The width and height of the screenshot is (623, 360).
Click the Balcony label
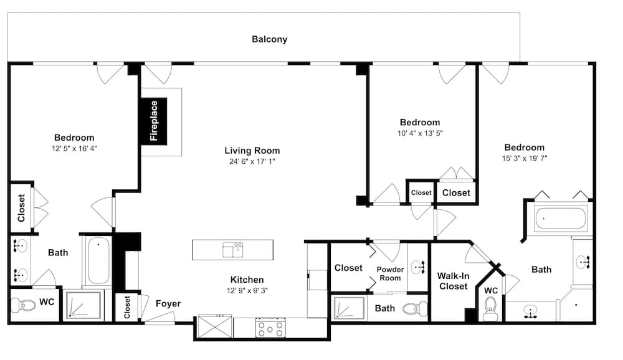point(269,39)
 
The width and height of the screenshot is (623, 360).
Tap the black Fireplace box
point(153,120)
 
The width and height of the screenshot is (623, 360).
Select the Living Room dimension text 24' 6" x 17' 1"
point(252,162)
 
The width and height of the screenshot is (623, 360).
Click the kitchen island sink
point(232,250)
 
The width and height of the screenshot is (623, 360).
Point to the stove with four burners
point(270,327)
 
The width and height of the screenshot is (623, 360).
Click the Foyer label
point(168,304)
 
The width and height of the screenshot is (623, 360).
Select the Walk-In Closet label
point(453,280)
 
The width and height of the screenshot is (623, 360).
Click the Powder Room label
point(389,273)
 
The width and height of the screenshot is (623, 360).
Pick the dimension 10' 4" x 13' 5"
point(420,133)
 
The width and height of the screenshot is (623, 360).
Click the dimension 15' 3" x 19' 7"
point(525,158)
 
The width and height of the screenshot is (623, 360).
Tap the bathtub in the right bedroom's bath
point(560,218)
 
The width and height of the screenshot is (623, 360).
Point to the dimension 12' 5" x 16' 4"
point(74,148)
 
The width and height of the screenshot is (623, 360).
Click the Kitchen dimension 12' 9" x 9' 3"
point(247,290)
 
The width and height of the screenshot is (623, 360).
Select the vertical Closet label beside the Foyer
point(128,307)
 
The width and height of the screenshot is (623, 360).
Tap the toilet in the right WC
point(491,308)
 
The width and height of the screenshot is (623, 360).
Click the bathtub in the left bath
point(97,261)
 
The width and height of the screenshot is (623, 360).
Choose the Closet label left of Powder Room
point(348,268)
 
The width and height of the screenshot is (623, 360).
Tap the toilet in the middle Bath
point(414,308)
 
